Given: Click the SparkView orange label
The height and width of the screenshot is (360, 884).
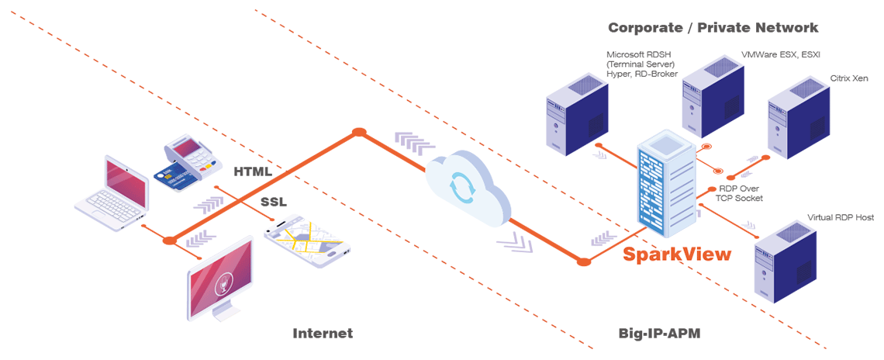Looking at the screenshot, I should (x=677, y=254).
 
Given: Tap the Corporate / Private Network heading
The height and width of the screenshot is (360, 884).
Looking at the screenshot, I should (x=713, y=28).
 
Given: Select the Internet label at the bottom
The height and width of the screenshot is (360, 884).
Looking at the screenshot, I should (x=323, y=334).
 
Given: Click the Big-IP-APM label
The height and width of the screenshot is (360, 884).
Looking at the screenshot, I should (x=659, y=334).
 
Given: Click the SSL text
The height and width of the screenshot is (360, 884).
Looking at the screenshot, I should (x=273, y=202).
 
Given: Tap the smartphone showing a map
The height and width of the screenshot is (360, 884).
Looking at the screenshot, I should (x=307, y=241).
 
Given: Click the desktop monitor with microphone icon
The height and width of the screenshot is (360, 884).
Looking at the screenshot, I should (x=222, y=279).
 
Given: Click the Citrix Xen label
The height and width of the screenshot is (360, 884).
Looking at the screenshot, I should (x=849, y=78).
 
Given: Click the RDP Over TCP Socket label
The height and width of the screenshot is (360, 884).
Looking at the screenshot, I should (x=741, y=193).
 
